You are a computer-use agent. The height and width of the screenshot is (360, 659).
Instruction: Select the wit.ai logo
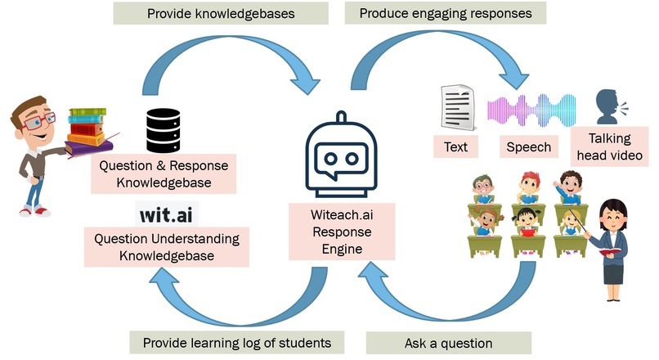click(x=166, y=215)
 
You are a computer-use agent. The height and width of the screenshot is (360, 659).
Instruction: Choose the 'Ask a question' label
click(x=448, y=342)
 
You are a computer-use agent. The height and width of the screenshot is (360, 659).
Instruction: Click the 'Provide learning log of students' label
click(x=238, y=342)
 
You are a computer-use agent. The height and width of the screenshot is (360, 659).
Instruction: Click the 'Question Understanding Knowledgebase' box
click(x=167, y=247)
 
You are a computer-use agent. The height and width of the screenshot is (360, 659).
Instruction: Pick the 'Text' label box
click(x=455, y=146)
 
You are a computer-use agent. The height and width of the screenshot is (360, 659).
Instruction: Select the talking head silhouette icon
click(x=608, y=106)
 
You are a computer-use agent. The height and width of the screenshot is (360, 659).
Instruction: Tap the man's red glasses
click(x=39, y=120)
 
